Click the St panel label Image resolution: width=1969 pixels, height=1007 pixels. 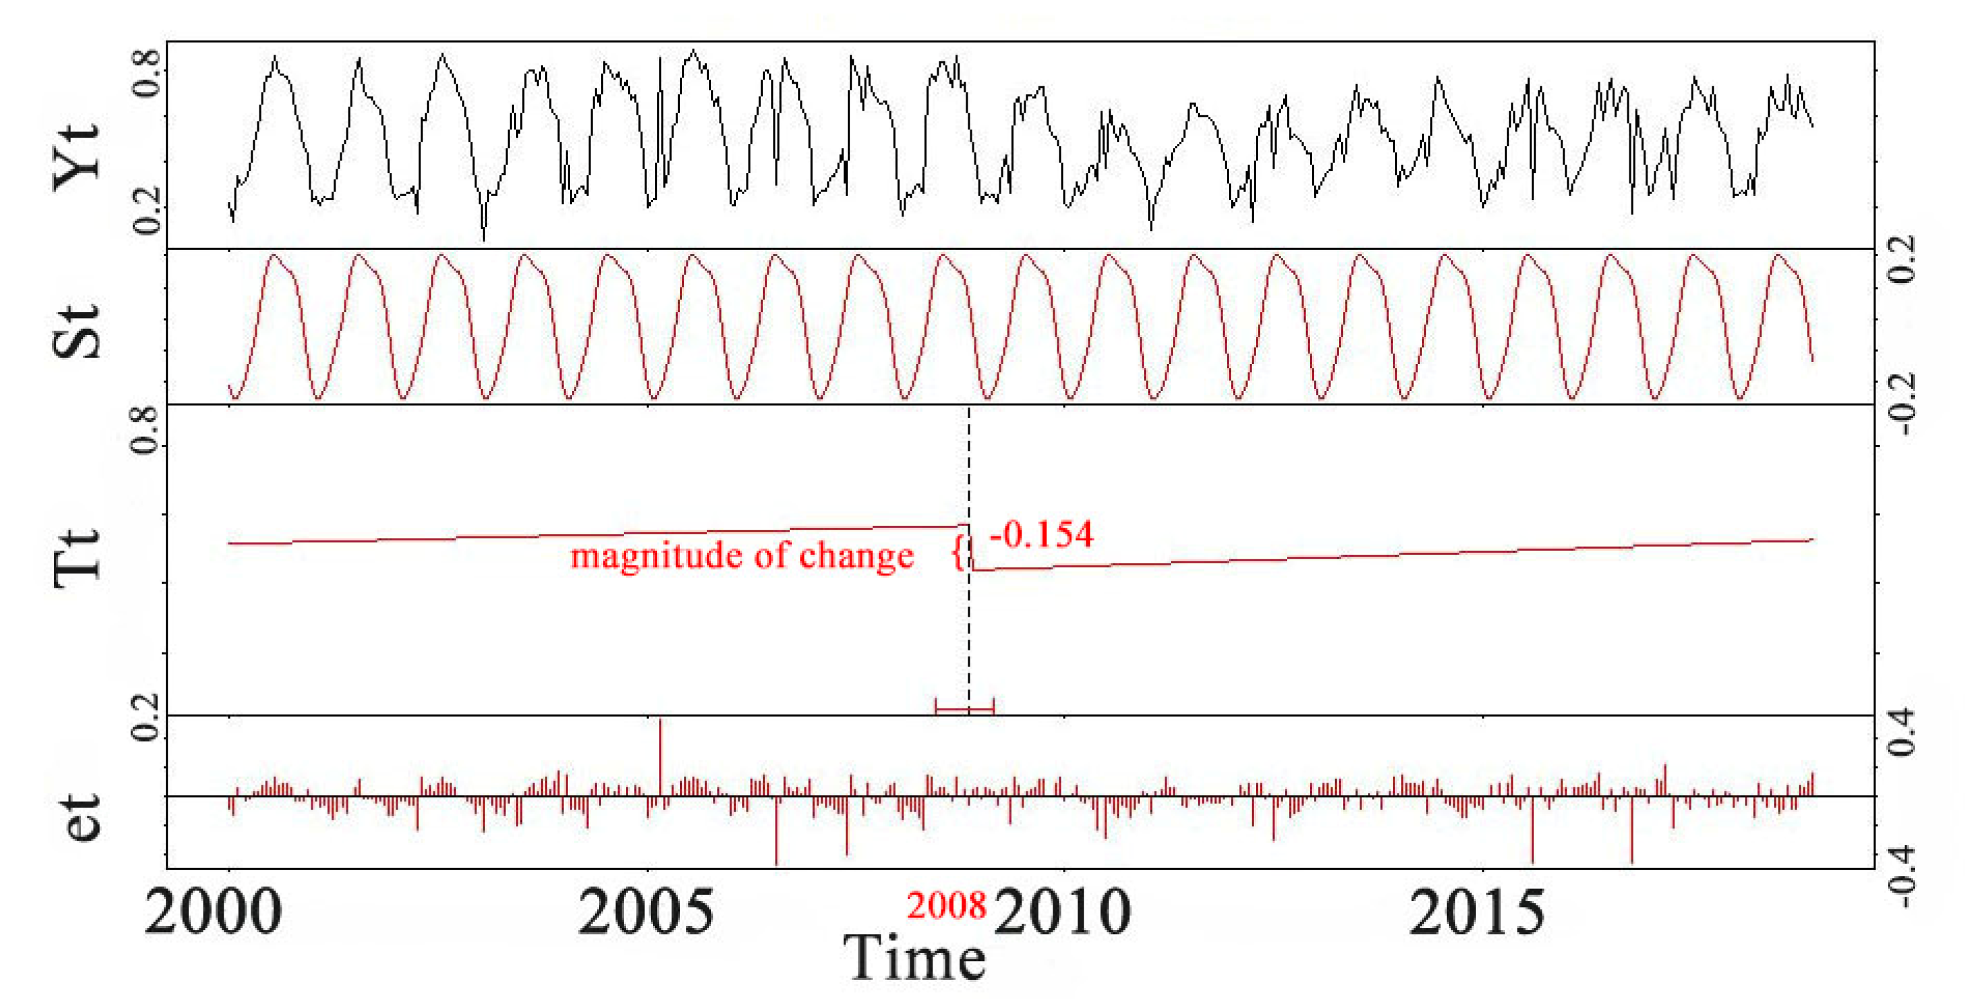tap(76, 331)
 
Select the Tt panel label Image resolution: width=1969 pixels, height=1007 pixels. tap(76, 557)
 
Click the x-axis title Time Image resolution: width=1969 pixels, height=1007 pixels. tap(914, 957)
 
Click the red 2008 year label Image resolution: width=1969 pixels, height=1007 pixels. tap(946, 906)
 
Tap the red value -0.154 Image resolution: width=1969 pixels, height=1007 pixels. tap(1041, 534)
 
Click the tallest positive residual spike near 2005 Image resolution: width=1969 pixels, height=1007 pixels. tap(660, 753)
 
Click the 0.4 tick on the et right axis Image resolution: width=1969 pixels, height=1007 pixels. tap(1901, 732)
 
